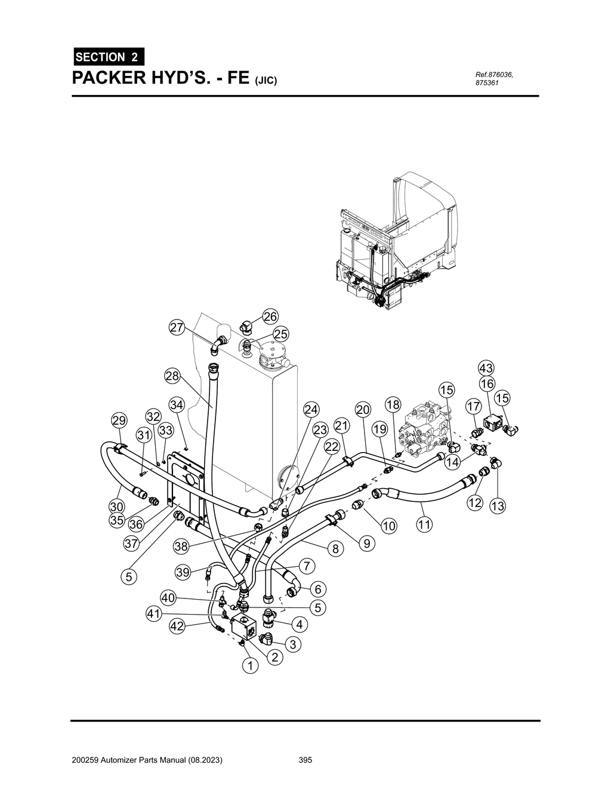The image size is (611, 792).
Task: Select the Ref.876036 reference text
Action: pos(494,75)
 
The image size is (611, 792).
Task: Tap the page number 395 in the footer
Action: pos(305,760)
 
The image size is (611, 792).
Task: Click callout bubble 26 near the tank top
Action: pos(270,317)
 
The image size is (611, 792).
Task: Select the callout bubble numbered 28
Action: pos(172,376)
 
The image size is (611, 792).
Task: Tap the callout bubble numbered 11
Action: pos(424,524)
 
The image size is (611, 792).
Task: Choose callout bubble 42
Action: pos(176,626)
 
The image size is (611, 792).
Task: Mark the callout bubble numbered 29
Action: pos(119,421)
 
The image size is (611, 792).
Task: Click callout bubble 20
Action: pos(363,410)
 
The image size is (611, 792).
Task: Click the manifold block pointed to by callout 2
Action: pos(246,626)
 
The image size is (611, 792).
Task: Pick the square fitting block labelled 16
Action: pos(493,422)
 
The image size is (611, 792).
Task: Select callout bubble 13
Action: pos(497,506)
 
